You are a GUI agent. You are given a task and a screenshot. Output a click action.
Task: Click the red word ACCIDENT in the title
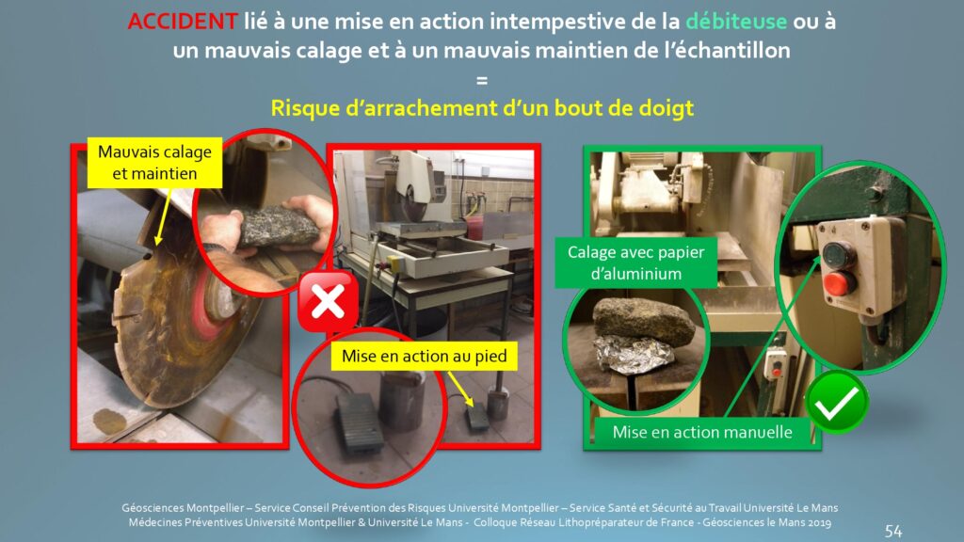[182, 22]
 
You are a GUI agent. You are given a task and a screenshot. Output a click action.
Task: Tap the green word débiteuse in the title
[736, 22]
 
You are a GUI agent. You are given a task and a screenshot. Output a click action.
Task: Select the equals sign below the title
[482, 80]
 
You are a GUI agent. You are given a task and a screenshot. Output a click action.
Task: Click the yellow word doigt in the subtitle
[667, 108]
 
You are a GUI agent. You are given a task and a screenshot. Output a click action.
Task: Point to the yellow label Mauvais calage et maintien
[154, 162]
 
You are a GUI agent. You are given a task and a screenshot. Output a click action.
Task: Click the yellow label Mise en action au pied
[425, 356]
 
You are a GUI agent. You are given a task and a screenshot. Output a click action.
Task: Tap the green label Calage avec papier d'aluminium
[635, 263]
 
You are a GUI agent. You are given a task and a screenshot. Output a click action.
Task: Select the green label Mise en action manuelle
[702, 432]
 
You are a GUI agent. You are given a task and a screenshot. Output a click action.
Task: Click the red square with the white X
[329, 302]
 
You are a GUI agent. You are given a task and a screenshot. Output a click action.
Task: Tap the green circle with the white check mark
[837, 402]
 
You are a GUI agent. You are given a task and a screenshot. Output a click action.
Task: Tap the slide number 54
[893, 531]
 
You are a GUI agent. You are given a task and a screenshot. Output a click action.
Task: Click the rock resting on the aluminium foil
[642, 320]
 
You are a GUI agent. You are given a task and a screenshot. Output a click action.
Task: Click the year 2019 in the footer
[819, 522]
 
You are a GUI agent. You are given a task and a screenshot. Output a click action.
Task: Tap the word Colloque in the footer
[495, 523]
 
